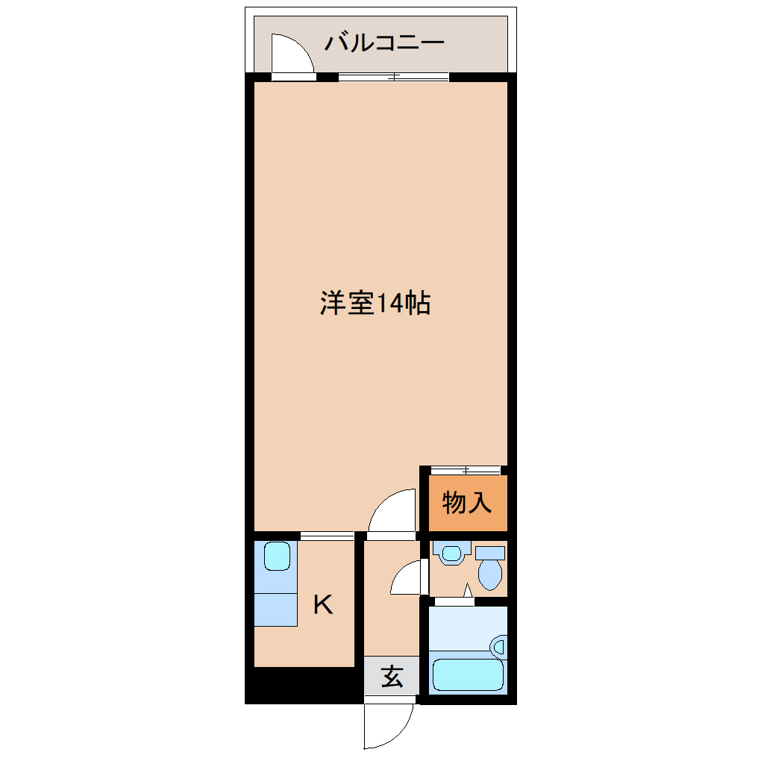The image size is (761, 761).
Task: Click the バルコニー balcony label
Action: click(x=384, y=43)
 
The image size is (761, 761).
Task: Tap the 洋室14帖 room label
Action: click(x=375, y=303)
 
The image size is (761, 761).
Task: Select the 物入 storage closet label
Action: click(x=467, y=502)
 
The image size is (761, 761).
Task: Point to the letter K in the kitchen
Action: click(x=323, y=604)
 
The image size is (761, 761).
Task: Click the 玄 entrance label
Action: click(x=392, y=676)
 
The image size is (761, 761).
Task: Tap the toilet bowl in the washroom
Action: click(x=490, y=574)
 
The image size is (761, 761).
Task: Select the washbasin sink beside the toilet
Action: click(x=452, y=553)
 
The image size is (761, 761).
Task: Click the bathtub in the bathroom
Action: click(x=468, y=674)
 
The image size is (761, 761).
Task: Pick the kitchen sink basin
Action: click(x=277, y=556)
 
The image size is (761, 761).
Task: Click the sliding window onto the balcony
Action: click(x=394, y=77)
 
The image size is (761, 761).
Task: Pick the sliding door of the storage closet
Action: click(x=466, y=470)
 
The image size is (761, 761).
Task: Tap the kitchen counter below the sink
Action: click(x=275, y=610)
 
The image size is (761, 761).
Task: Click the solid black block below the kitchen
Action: click(x=304, y=685)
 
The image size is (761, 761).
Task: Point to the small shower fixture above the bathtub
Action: click(x=499, y=647)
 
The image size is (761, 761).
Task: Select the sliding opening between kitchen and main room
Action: click(x=327, y=536)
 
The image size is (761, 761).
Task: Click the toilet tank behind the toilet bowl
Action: click(x=490, y=553)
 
